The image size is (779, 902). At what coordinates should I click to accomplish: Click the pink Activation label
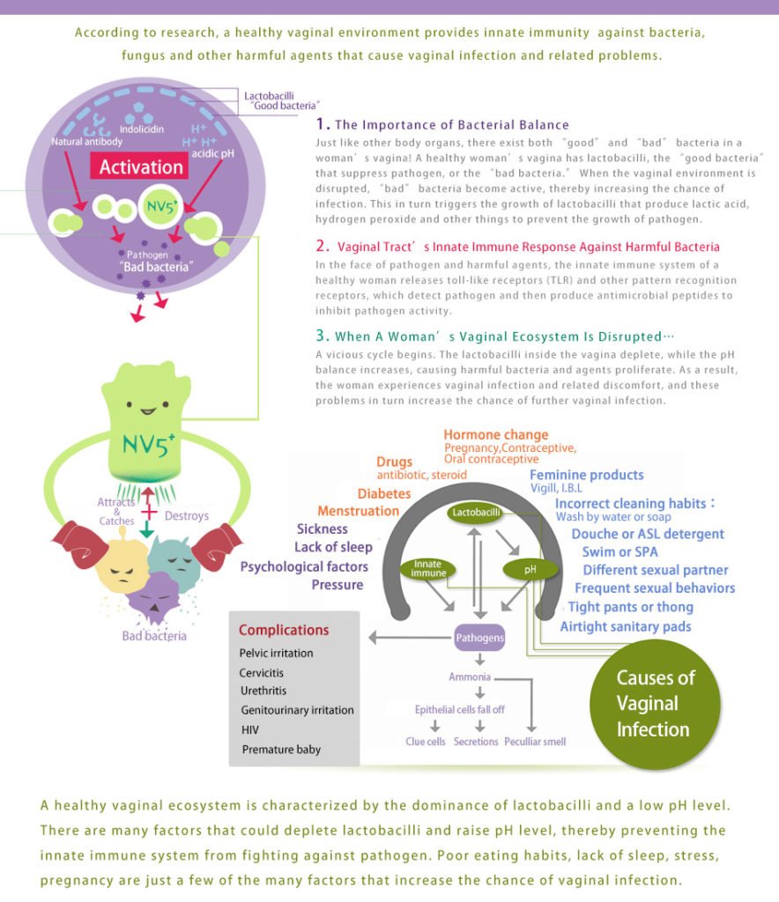(139, 166)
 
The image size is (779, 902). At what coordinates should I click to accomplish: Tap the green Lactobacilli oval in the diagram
(475, 513)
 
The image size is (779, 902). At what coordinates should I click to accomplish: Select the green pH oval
(530, 570)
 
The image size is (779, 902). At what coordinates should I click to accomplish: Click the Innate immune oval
(428, 568)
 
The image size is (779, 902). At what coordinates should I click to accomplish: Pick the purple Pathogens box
(479, 638)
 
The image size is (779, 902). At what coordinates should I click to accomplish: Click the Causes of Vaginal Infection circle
(655, 704)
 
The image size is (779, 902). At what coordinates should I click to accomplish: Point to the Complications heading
(284, 630)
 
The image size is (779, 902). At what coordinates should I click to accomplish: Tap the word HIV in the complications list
(250, 729)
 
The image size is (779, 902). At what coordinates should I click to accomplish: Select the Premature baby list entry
(281, 749)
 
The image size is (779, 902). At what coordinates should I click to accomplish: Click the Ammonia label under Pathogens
(470, 677)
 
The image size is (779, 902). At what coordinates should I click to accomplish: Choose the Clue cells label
(425, 742)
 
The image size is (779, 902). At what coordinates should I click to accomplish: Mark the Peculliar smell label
(535, 742)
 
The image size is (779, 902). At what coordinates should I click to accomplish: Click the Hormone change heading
(496, 435)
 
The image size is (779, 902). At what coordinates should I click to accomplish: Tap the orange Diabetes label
(384, 493)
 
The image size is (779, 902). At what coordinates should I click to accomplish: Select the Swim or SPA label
(619, 551)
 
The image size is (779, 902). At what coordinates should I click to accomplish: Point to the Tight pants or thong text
(631, 607)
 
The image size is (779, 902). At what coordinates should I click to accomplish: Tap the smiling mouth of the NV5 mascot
(148, 411)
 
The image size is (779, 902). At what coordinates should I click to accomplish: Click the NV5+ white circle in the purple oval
(160, 206)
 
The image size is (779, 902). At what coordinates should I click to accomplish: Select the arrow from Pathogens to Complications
(411, 638)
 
